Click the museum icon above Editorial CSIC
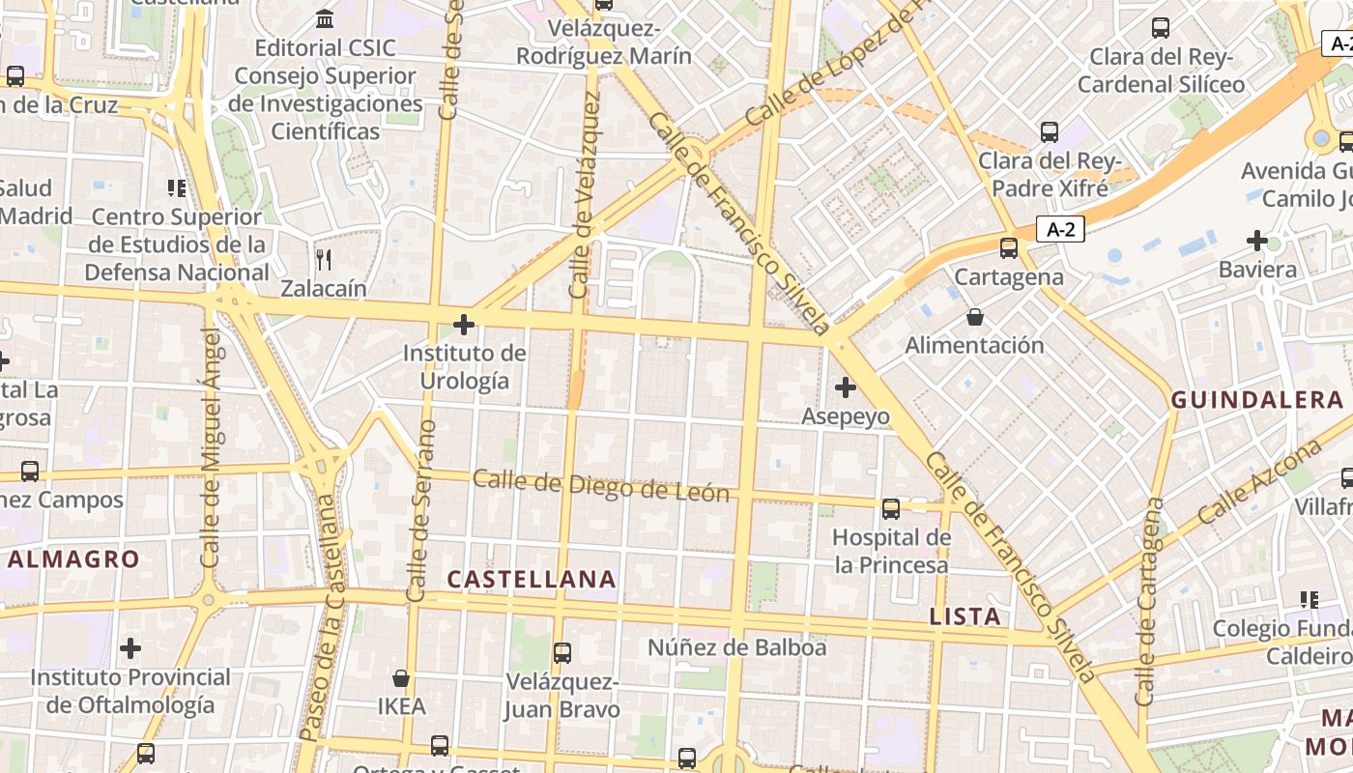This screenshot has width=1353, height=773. click(x=325, y=18)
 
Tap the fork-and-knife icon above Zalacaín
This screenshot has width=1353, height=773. click(x=324, y=259)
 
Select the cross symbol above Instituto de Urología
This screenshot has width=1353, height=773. click(x=464, y=325)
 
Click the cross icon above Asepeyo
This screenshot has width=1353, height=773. click(x=846, y=387)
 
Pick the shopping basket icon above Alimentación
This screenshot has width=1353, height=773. click(x=975, y=317)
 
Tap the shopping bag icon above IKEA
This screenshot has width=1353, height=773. click(x=401, y=678)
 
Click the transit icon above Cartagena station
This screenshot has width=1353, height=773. click(x=1009, y=248)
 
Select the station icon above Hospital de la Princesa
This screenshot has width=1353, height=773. click(x=891, y=508)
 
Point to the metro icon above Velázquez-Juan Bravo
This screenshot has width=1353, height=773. click(x=561, y=653)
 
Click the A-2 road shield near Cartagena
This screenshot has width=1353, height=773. click(x=1060, y=229)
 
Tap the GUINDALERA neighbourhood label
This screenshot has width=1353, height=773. click(x=1257, y=400)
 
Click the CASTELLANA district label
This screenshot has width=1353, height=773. click(x=532, y=579)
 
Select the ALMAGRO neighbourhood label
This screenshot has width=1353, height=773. click(x=74, y=558)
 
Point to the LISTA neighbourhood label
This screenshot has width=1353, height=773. click(x=964, y=616)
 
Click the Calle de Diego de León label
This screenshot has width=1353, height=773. click(x=600, y=486)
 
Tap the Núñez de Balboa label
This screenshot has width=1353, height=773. click(x=736, y=647)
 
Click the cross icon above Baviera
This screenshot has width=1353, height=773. click(x=1257, y=240)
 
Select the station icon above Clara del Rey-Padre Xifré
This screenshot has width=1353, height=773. click(x=1050, y=132)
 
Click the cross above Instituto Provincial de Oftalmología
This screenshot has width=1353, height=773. click(x=130, y=647)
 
